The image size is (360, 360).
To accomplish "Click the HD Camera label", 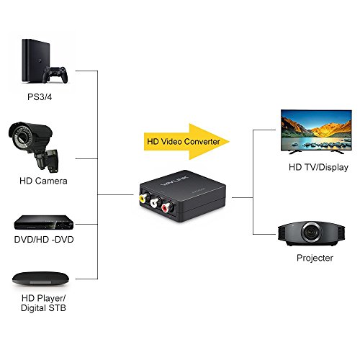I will pos(43,181).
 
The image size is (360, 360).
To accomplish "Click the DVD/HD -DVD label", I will pos(44,238).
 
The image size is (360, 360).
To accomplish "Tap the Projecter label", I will pos(314,257).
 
